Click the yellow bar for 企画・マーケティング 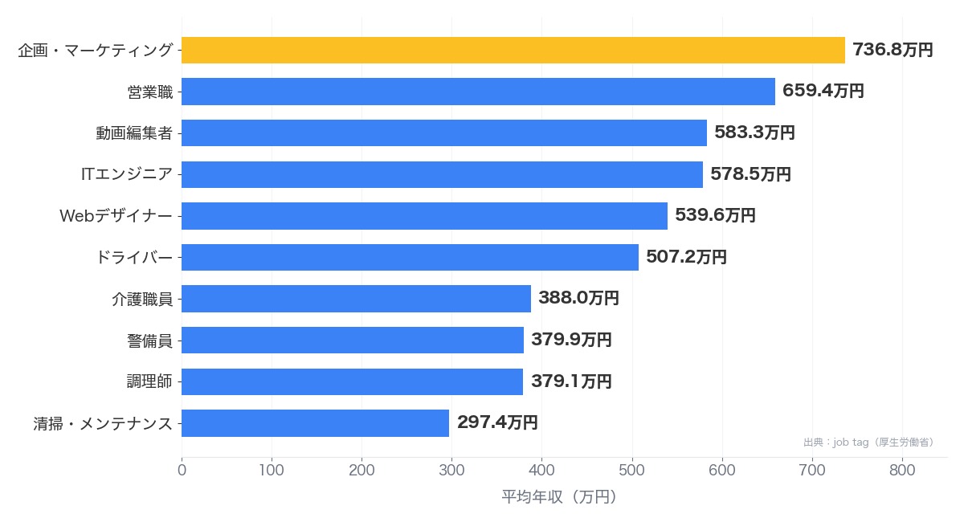point(513,51)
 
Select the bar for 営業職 point(478,92)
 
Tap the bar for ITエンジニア point(442,175)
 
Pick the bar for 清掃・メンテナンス point(315,423)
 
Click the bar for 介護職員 point(356,299)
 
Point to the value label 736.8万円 point(893,50)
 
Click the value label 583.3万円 point(754,133)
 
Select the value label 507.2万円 point(686,257)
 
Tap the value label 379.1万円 point(571,381)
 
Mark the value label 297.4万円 point(497,422)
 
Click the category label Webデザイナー point(116,215)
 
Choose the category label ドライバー point(134,257)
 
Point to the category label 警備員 point(149,341)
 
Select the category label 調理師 point(149,381)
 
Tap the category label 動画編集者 point(134,133)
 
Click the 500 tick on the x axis point(631,471)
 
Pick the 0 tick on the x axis point(182,471)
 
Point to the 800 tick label point(902,471)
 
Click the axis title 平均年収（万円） point(559,497)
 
